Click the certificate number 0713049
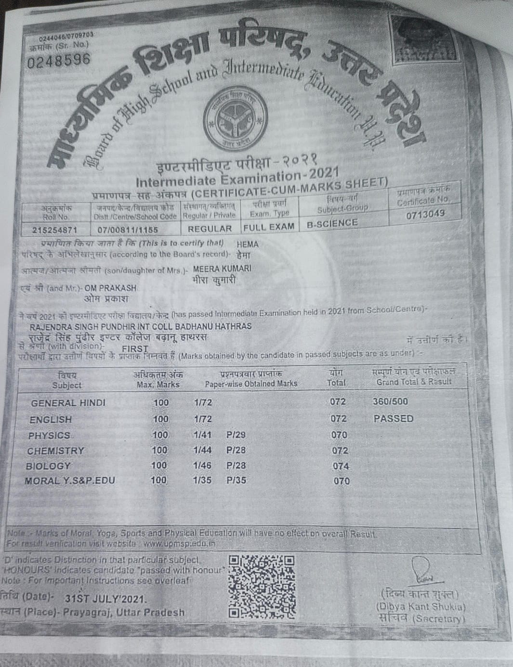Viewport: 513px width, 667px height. pyautogui.click(x=425, y=214)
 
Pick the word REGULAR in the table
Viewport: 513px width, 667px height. pyautogui.click(x=210, y=229)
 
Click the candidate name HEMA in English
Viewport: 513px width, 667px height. pyautogui.click(x=248, y=244)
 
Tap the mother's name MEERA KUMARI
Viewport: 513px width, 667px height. pyautogui.click(x=222, y=269)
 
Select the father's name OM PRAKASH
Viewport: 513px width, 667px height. pyautogui.click(x=110, y=288)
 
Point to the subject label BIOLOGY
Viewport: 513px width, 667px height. pyautogui.click(x=48, y=466)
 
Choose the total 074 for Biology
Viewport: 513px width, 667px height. pyautogui.click(x=341, y=466)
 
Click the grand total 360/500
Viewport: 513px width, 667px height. pyautogui.click(x=390, y=401)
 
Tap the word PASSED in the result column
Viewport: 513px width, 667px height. pyautogui.click(x=394, y=418)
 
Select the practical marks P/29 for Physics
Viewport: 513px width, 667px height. pyautogui.click(x=236, y=435)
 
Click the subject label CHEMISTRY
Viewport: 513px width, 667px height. pyautogui.click(x=55, y=451)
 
